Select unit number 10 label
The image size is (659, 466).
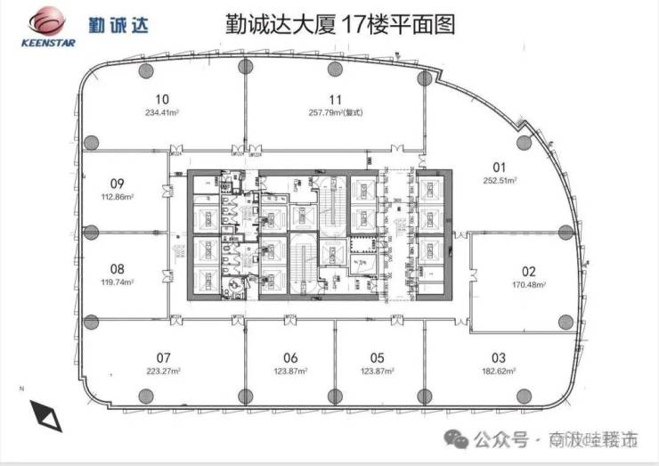(x=162, y=100)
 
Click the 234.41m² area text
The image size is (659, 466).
(x=162, y=112)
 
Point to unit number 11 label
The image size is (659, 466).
(x=335, y=100)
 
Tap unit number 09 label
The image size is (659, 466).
(x=116, y=184)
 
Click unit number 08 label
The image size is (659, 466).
(x=116, y=268)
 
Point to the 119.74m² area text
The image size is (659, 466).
(x=116, y=282)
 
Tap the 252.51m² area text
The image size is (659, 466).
(x=499, y=179)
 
